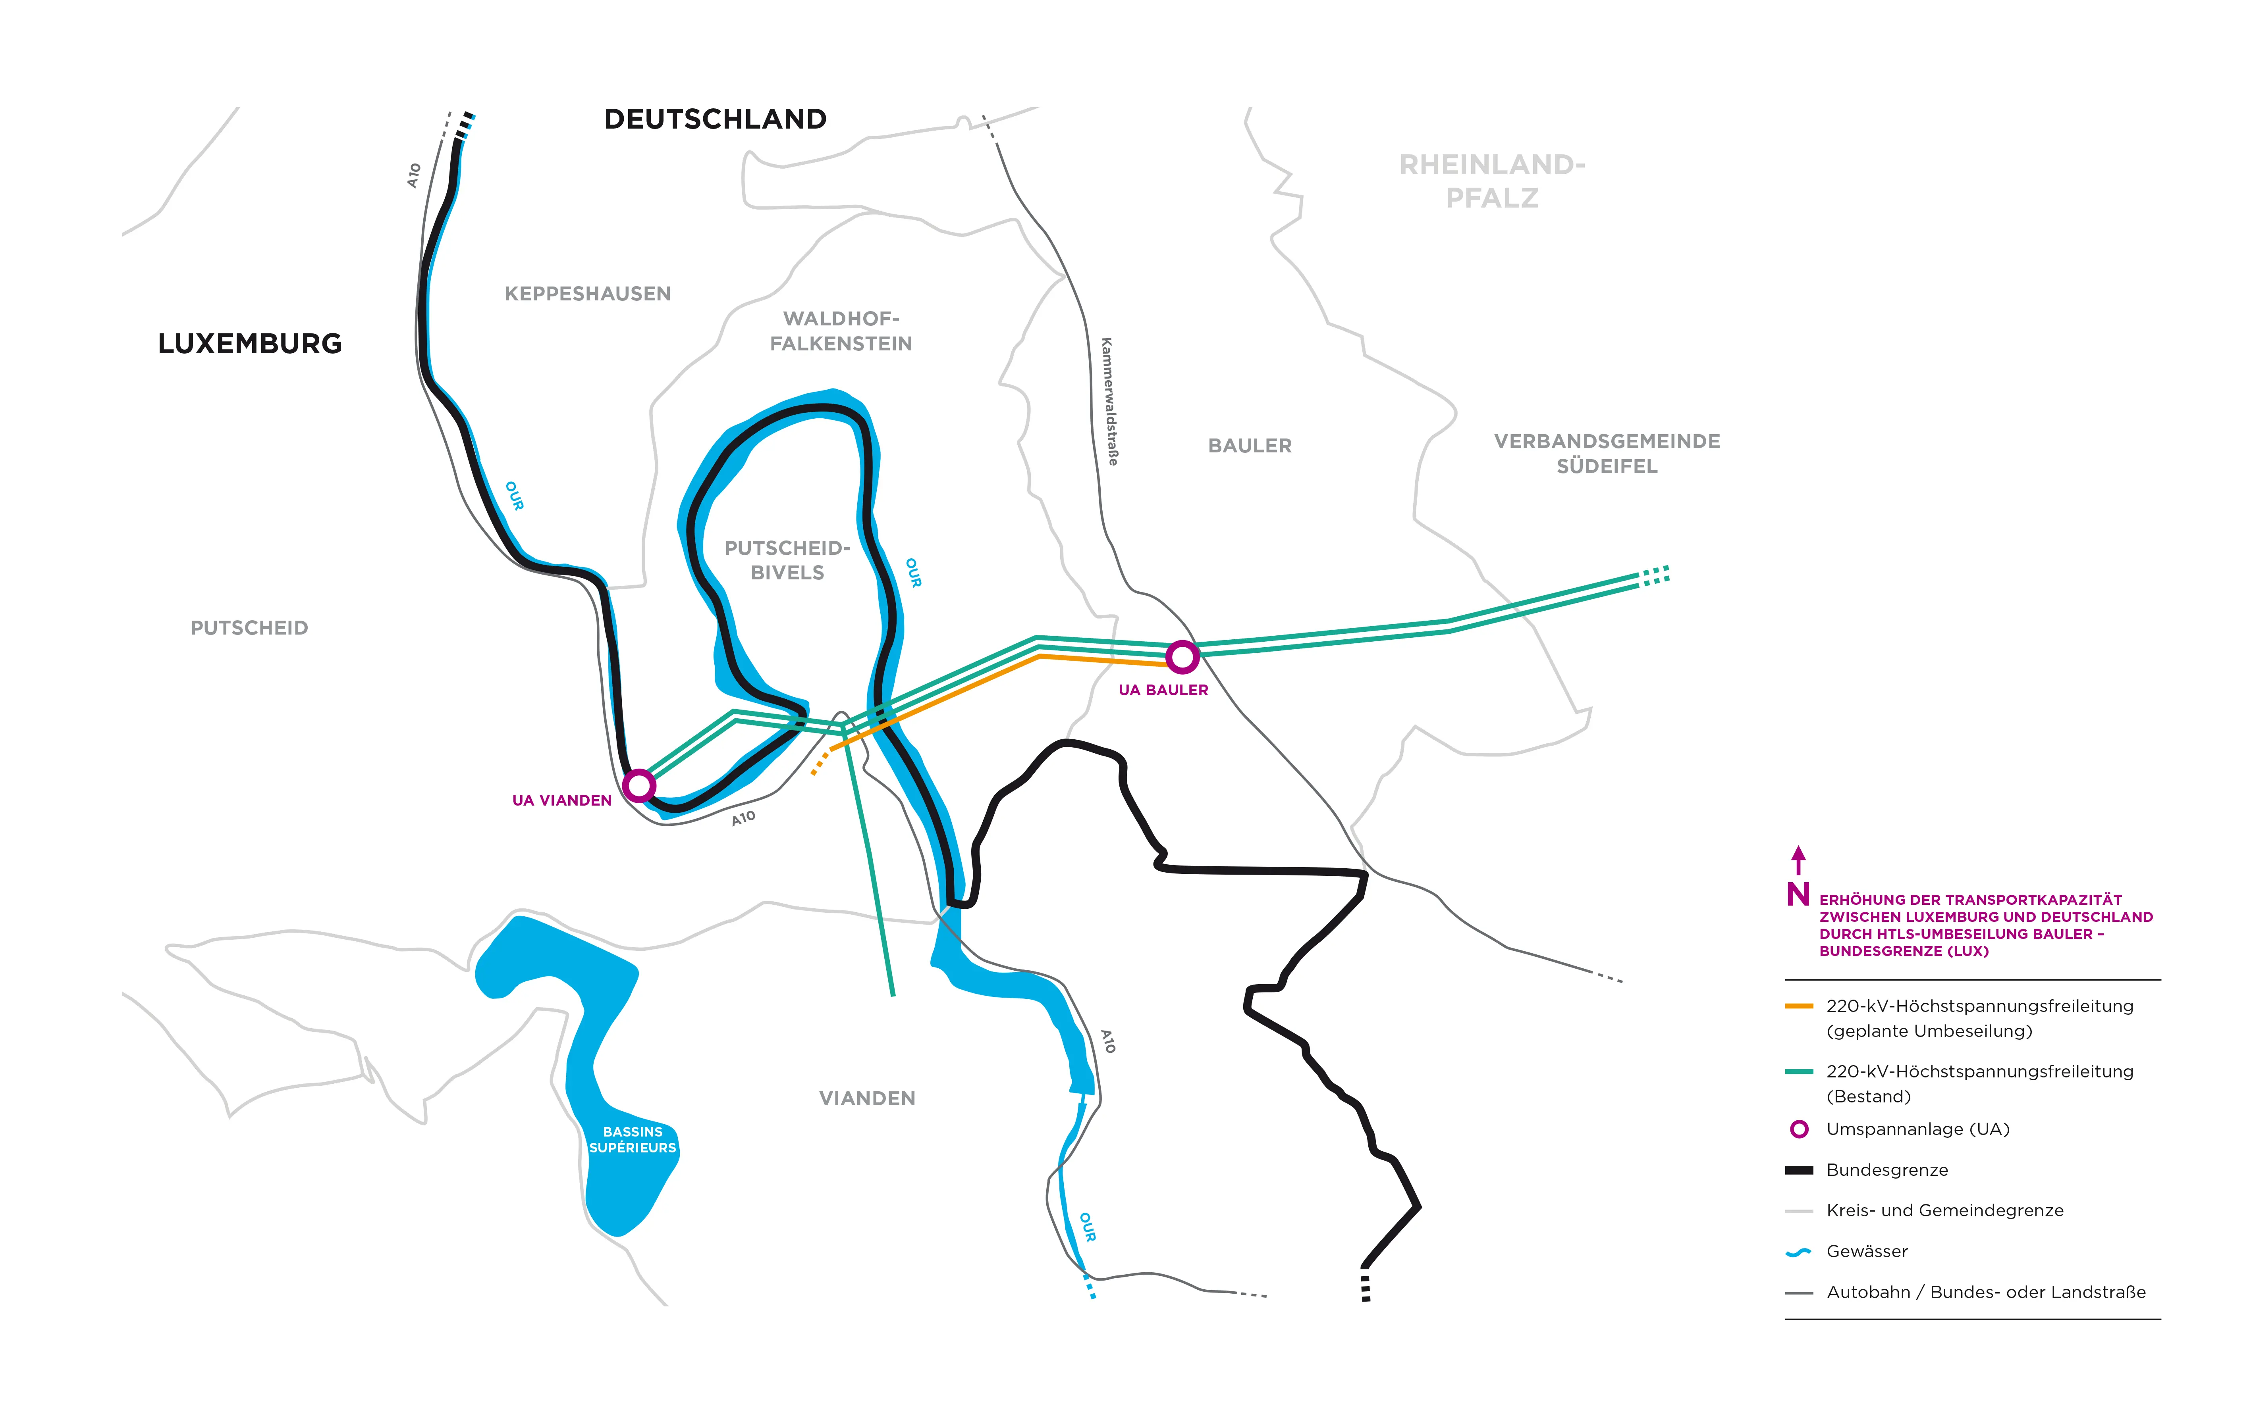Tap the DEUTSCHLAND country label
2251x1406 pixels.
(715, 119)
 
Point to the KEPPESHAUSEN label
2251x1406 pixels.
(587, 294)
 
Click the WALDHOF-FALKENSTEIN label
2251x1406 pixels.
(841, 331)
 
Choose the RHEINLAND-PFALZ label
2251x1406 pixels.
(1492, 181)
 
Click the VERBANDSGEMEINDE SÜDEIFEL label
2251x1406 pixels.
(1607, 454)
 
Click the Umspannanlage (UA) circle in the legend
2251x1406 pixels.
(1799, 1129)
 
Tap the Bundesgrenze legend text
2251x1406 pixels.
(1886, 1170)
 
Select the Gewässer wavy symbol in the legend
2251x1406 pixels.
(1799, 1252)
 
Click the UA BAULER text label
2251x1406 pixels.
(1163, 690)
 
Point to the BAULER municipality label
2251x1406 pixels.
(1249, 446)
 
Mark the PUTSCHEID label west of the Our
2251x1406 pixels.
(249, 629)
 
